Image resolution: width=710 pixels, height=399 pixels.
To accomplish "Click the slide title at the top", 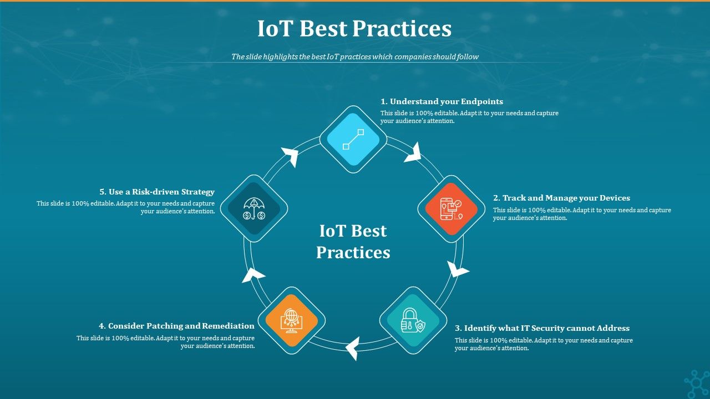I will click(354, 29).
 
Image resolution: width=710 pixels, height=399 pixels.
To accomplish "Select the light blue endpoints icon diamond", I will click(353, 139).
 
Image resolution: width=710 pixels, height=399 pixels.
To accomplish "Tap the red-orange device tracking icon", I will click(452, 209).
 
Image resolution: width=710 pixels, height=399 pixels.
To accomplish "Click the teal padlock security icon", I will click(413, 320).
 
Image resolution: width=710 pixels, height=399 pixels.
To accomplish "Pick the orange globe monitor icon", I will click(292, 320).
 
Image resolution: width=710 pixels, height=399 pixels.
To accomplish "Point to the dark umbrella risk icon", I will click(254, 208).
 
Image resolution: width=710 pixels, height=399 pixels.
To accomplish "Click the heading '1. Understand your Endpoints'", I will click(442, 101).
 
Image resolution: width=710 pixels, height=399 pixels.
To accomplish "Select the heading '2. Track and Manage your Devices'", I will click(561, 198).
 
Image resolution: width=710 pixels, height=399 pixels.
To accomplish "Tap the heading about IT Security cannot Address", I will click(542, 328).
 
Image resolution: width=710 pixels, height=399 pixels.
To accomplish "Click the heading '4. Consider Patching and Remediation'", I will click(176, 326).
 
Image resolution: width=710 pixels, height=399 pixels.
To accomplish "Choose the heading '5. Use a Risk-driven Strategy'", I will click(157, 192).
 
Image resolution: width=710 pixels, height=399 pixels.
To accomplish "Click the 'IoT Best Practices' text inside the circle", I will click(353, 242).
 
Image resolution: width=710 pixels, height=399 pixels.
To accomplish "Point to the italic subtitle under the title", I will click(354, 57).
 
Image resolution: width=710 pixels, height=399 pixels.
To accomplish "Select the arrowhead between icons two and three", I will click(458, 270).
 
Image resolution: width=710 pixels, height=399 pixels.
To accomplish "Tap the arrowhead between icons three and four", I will click(352, 348).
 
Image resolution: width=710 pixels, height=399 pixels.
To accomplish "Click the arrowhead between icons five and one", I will click(291, 156).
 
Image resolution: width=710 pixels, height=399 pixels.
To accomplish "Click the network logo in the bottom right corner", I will click(696, 383).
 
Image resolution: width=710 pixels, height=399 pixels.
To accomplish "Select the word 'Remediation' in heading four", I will click(228, 326).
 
